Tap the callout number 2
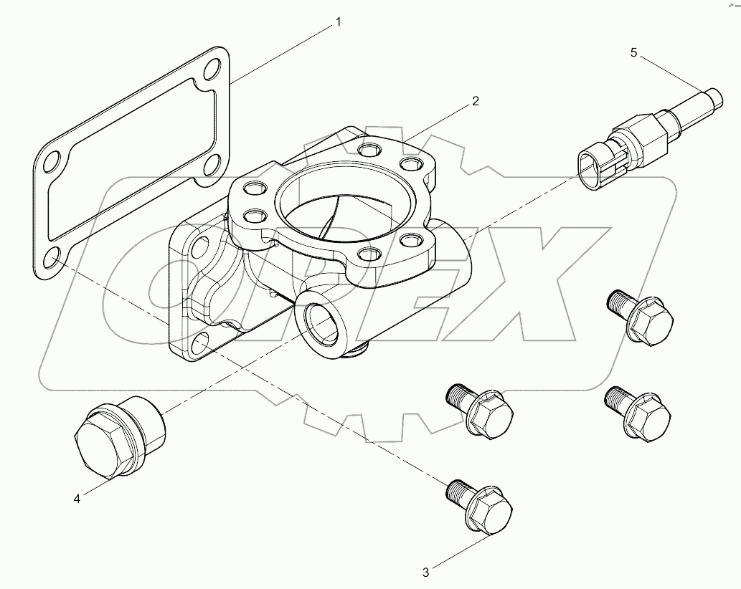(x=474, y=102)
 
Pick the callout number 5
(x=633, y=52)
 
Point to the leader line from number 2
(x=438, y=122)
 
